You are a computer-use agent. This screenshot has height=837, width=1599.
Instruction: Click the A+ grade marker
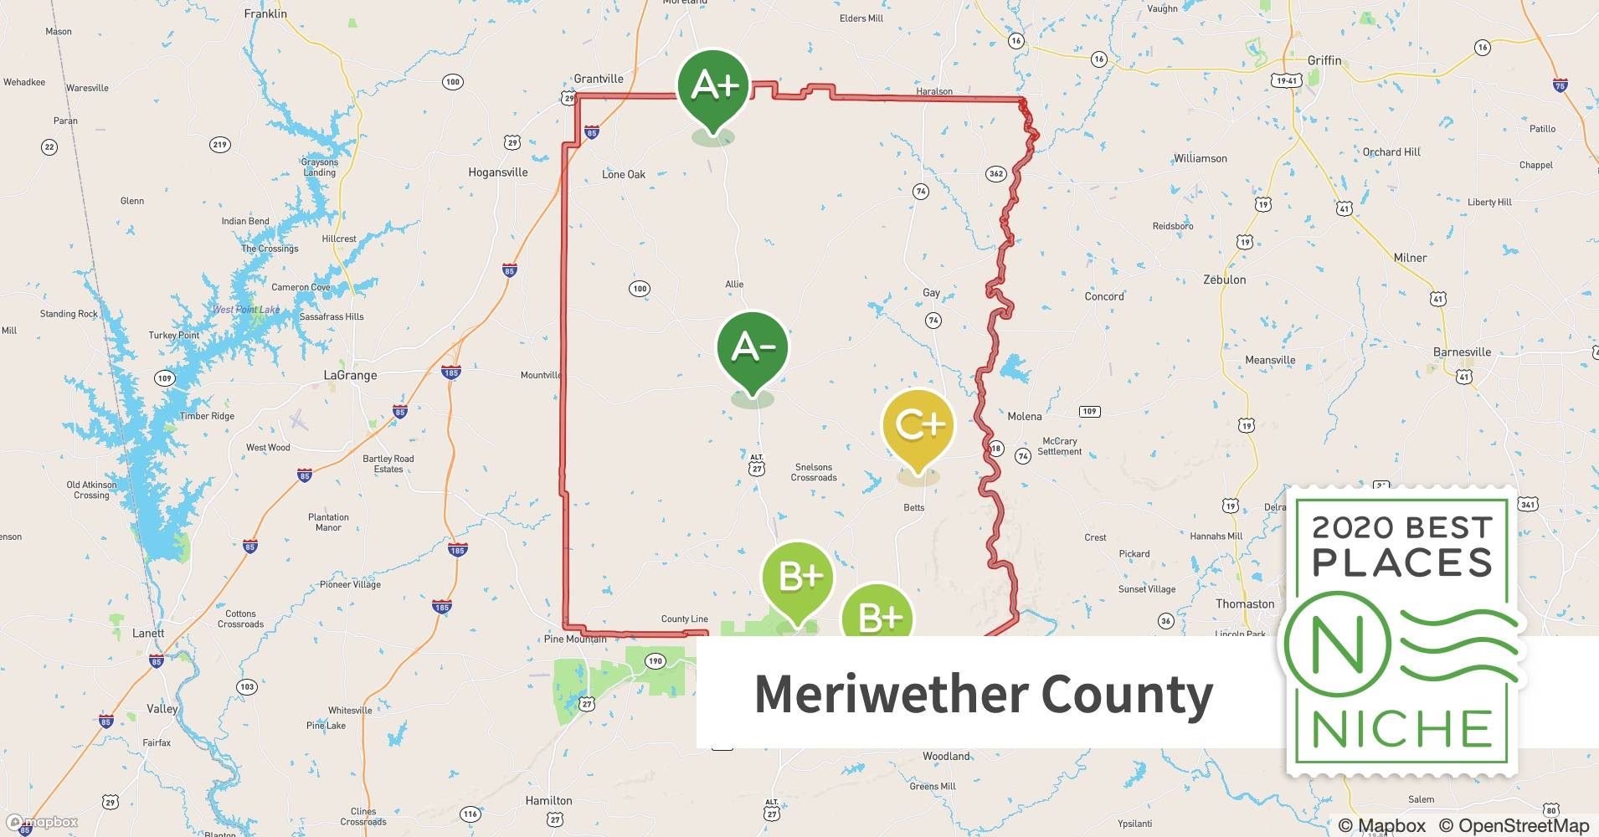click(713, 86)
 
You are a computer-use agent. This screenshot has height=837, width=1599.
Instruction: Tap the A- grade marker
click(752, 347)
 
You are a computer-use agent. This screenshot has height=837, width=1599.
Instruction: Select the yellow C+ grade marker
click(918, 426)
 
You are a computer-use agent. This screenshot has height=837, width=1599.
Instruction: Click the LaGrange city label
click(350, 375)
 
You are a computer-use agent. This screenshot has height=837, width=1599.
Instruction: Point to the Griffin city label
click(1324, 60)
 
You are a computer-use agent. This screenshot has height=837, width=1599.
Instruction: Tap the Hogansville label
click(497, 172)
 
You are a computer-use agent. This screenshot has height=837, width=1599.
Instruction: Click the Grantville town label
click(598, 79)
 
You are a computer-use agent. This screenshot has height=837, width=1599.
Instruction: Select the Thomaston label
click(1244, 603)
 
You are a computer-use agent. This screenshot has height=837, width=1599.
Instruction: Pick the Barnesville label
click(1462, 352)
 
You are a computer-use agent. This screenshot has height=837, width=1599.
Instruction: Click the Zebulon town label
click(1224, 280)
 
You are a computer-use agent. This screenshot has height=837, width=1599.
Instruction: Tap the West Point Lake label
click(246, 310)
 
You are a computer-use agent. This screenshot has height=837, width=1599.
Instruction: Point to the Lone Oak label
click(624, 174)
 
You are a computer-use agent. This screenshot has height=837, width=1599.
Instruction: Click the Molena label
click(1024, 416)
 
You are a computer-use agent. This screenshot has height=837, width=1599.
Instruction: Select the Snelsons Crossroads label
click(814, 472)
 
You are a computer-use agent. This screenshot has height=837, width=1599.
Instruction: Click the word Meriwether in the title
click(890, 694)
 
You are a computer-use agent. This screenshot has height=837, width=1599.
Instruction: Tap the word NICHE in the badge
click(1401, 729)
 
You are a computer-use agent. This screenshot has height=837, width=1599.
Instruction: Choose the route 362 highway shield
click(995, 174)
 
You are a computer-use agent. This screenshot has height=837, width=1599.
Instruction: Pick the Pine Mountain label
click(575, 639)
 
